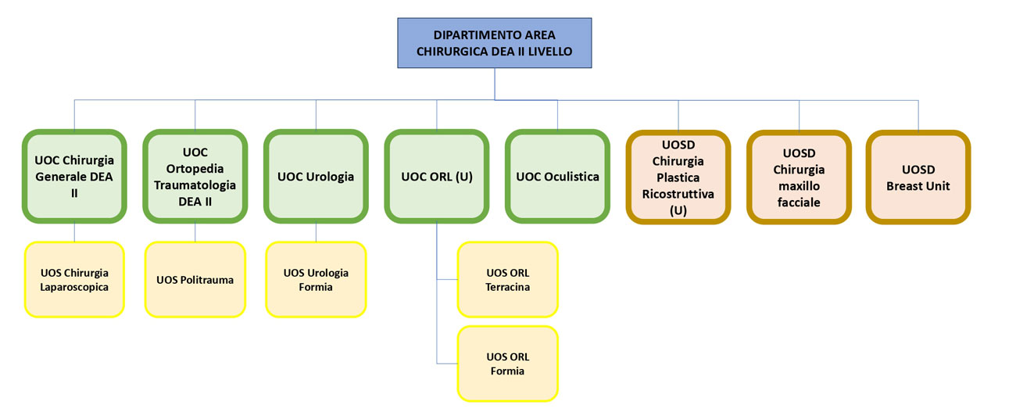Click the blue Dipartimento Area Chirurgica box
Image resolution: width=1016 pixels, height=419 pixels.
pos(495,43)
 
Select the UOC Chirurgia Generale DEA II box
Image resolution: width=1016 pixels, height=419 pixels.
pos(74,177)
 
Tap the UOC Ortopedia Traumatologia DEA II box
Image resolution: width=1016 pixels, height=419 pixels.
pos(195,177)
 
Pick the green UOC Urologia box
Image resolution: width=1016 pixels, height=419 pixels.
pos(316,177)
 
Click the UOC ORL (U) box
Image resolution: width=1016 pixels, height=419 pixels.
pos(437,177)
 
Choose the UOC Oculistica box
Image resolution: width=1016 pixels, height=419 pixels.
pos(557,177)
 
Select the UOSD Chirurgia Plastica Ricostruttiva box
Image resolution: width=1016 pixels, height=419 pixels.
pos(678,177)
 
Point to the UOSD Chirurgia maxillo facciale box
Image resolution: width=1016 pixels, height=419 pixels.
pos(799,177)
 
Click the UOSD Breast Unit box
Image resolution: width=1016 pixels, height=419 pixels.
pos(918,177)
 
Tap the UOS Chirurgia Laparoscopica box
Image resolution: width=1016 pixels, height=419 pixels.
pos(74,279)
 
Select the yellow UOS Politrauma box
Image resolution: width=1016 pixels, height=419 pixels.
pos(195,279)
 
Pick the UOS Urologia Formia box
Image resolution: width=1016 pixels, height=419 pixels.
pos(316,279)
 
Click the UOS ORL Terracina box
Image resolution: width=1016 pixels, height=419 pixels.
pos(507,279)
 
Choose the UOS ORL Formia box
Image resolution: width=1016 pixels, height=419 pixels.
pos(507,363)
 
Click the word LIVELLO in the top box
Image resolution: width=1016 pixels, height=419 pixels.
pos(549,52)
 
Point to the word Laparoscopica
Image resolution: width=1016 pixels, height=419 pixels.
pos(74,287)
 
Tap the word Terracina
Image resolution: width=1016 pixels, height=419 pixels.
pos(507,287)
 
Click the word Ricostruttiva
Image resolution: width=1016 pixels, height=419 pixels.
pos(678,194)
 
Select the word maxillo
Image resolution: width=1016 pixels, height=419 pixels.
pos(799,186)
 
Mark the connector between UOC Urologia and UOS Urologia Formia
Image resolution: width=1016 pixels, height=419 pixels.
pos(316,232)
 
